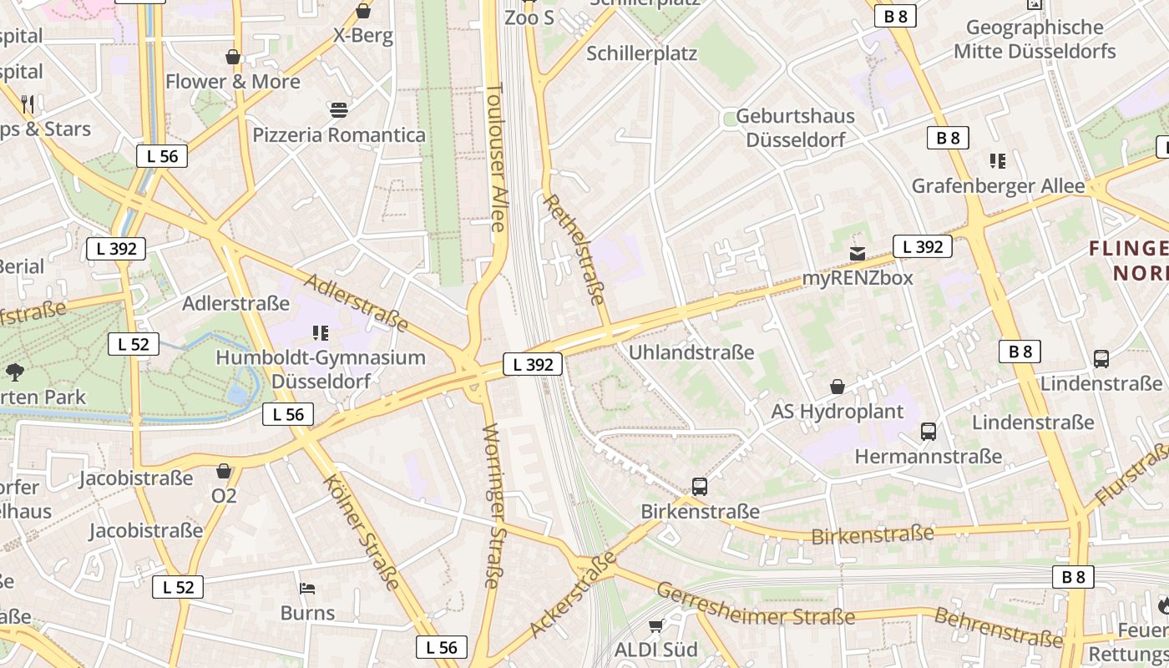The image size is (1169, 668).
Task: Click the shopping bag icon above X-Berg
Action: (363, 11)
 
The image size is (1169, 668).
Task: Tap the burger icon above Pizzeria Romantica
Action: (338, 109)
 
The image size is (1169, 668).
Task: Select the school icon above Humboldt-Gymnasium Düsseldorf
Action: (320, 333)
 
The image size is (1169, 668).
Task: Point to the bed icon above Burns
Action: (307, 589)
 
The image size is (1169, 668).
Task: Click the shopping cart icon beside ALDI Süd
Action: (655, 625)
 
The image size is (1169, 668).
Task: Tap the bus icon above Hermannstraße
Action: (928, 432)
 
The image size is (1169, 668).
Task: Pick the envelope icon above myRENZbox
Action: (857, 253)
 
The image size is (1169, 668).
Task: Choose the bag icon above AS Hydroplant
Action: (837, 387)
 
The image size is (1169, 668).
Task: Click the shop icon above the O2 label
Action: (223, 471)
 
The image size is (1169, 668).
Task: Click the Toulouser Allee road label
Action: (495, 158)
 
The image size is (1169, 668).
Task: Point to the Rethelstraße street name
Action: (574, 249)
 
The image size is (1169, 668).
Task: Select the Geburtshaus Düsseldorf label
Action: (795, 128)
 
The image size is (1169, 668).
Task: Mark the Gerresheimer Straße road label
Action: (755, 605)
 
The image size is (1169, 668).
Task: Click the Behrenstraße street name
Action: (998, 628)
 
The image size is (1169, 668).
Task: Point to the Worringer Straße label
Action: (492, 506)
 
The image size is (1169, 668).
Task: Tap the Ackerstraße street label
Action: (573, 595)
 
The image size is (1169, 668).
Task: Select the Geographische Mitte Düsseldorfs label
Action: (1035, 39)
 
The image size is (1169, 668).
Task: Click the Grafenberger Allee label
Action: (998, 186)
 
